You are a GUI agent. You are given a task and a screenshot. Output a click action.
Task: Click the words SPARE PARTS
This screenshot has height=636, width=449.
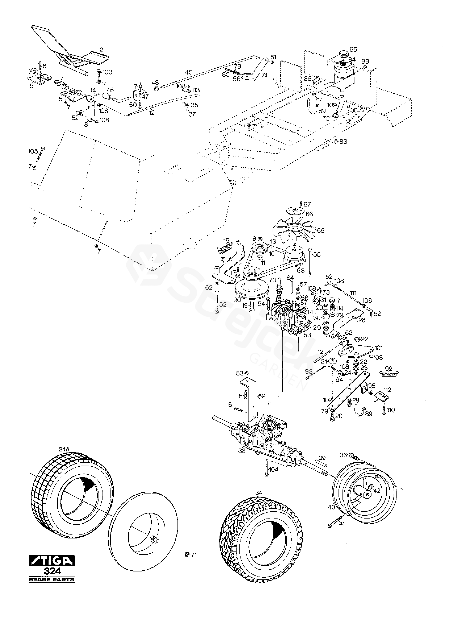tap(52, 579)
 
